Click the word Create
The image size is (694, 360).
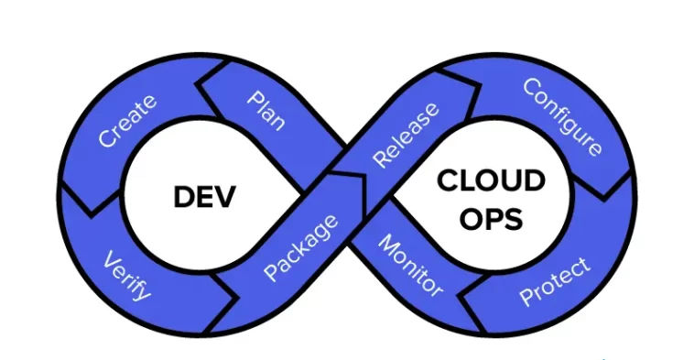click(127, 121)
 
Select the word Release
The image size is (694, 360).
click(406, 135)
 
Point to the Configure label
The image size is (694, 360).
click(561, 116)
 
